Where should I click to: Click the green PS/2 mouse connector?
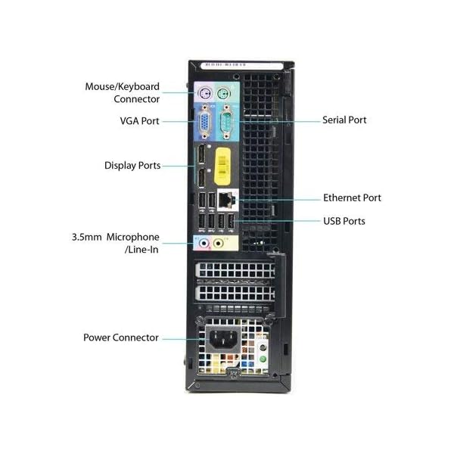click(x=223, y=94)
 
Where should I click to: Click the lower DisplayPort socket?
click(x=202, y=180)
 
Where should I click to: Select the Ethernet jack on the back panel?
click(x=227, y=199)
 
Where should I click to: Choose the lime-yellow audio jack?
click(x=220, y=243)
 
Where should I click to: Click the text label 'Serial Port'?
click(x=345, y=120)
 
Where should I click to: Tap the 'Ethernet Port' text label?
click(x=352, y=197)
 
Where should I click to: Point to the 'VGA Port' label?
click(x=139, y=120)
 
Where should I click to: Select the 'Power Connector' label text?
click(x=121, y=337)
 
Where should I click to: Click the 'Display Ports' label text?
click(x=132, y=165)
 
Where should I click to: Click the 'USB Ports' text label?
click(x=344, y=221)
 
